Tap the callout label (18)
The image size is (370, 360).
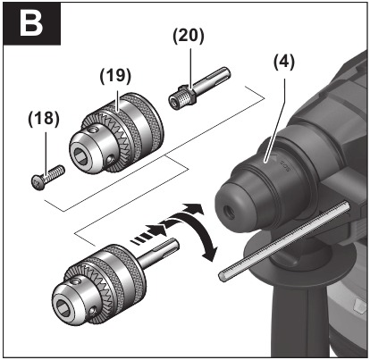point(44,119)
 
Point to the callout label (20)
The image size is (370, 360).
point(189,37)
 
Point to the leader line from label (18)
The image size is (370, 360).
point(46,147)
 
